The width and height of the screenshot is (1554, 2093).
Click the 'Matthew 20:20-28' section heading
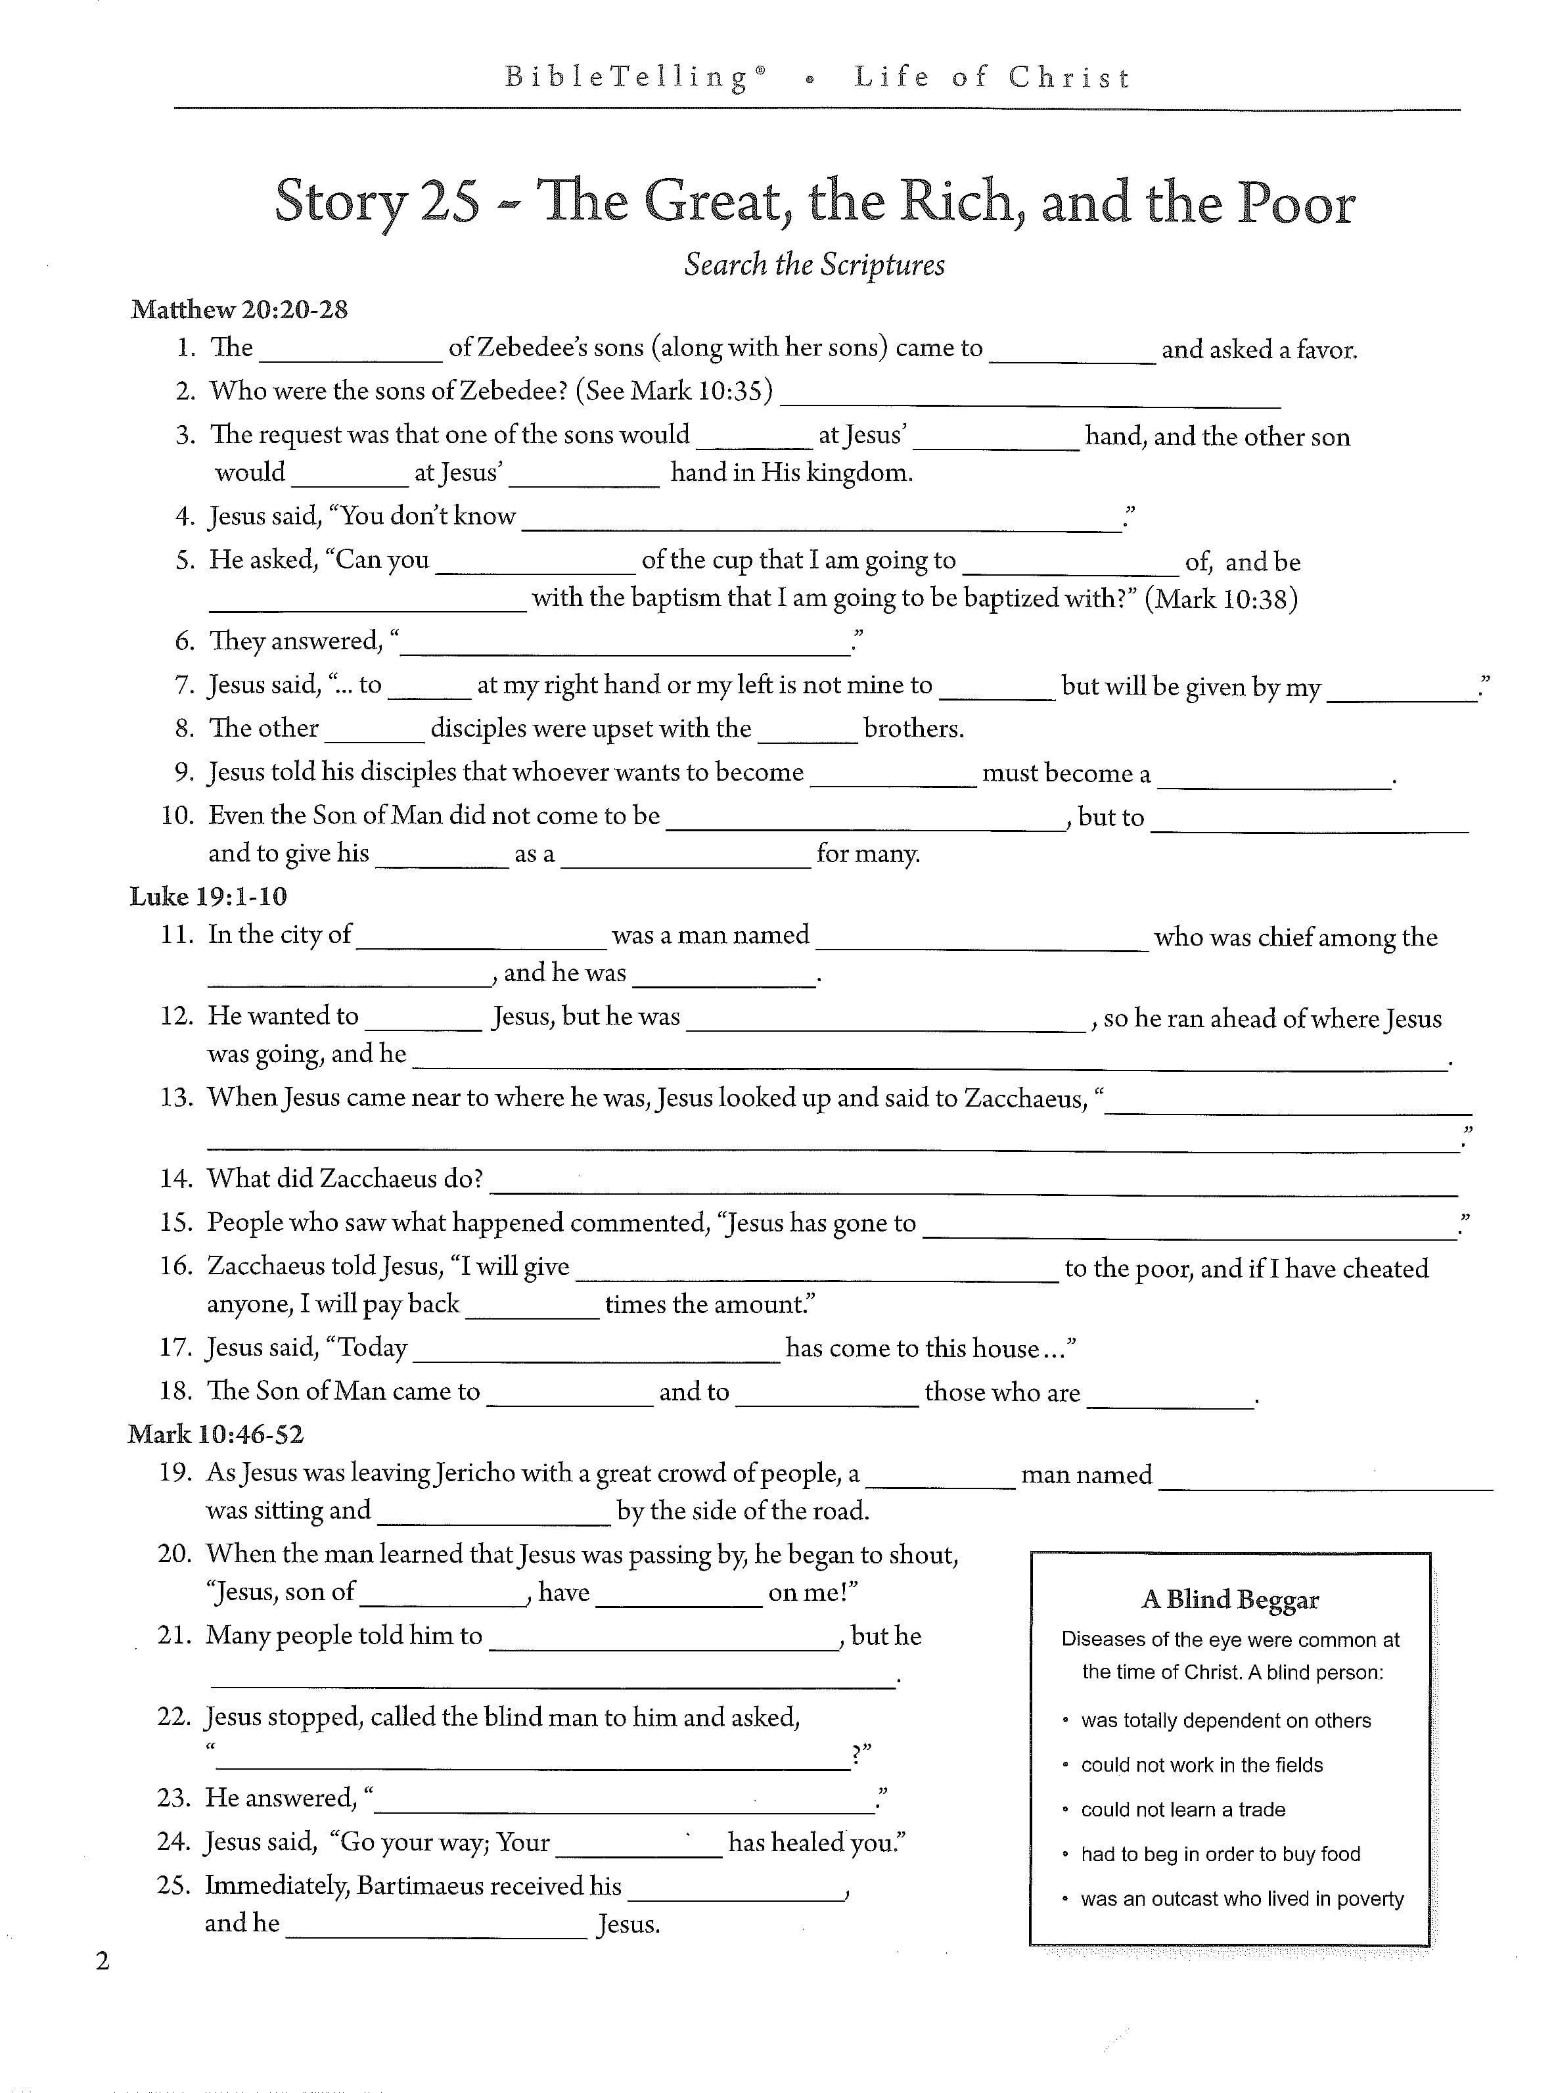point(239,310)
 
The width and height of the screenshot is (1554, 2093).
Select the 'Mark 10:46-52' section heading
point(216,1435)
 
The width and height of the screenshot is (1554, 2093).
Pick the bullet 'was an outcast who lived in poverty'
point(1242,1899)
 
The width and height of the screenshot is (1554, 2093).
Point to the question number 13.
point(176,1098)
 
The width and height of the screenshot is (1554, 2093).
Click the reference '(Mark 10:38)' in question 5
point(1220,599)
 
